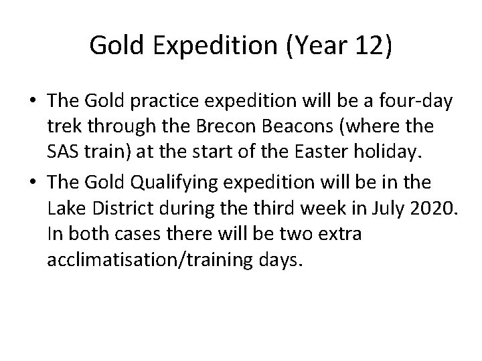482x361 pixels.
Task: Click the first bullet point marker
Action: coord(31,102)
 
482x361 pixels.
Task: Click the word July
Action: coord(388,210)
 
